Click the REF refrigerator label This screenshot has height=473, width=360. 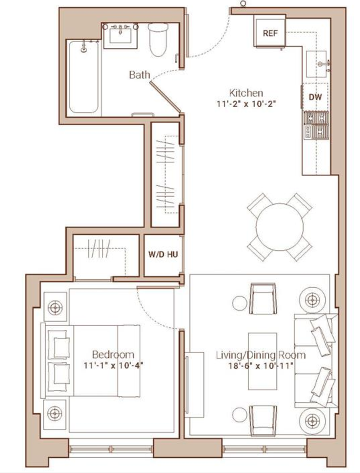click(270, 33)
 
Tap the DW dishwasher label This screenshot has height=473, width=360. click(315, 97)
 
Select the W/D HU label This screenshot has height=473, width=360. click(163, 254)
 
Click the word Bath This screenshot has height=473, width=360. click(140, 75)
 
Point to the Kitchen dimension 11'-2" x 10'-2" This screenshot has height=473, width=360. click(246, 104)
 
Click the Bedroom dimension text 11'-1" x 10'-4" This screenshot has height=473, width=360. click(113, 365)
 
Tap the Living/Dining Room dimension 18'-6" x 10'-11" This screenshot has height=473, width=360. click(261, 365)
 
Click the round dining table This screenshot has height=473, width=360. click(280, 227)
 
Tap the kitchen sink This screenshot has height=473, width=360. click(316, 64)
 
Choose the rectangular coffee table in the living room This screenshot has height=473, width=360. click(262, 361)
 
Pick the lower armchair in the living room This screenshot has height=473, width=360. click(263, 420)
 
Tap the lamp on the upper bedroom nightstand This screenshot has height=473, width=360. click(55, 307)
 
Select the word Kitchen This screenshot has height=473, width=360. click(246, 93)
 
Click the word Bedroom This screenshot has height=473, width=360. click(113, 355)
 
